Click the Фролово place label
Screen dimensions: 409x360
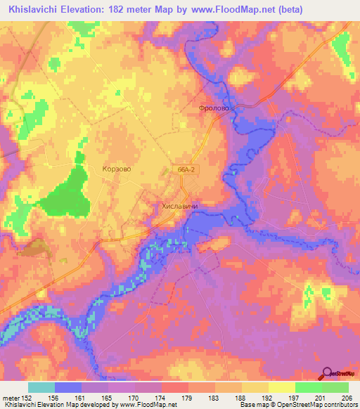point(214,109)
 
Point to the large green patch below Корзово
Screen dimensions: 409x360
point(67,193)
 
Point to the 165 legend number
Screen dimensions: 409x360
point(108,397)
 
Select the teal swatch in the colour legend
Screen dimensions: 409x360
point(41,387)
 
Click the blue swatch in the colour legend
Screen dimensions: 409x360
point(68,387)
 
